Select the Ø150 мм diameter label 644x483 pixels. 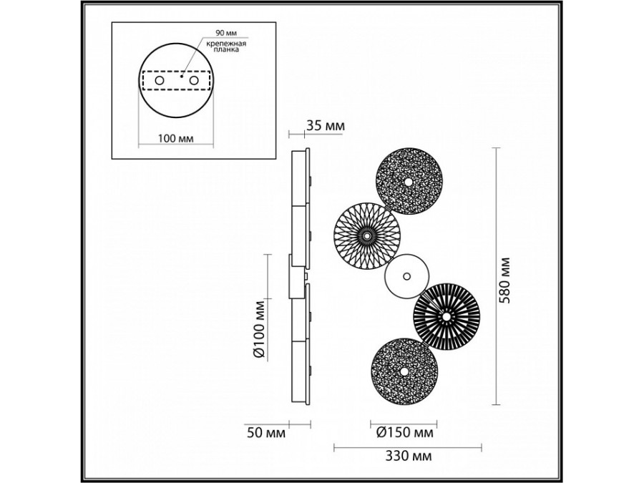[x=404, y=432]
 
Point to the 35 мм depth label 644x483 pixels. [x=325, y=126]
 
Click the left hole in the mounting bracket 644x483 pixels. [x=159, y=82]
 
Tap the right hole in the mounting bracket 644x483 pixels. [x=192, y=82]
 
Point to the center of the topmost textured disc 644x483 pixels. [x=409, y=182]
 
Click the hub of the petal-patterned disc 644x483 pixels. [x=367, y=235]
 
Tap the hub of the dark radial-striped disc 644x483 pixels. [x=446, y=315]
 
